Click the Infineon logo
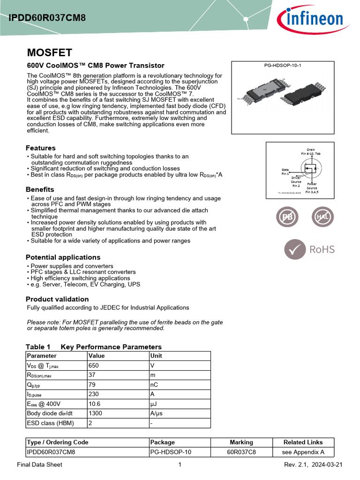click(x=309, y=20)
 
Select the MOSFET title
click(x=49, y=52)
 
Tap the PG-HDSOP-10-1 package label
click(x=283, y=65)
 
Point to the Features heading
click(x=41, y=148)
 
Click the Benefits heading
click(x=40, y=189)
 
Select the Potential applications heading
click(x=63, y=257)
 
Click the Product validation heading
click(x=57, y=299)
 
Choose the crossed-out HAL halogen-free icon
click(x=323, y=217)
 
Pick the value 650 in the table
click(x=94, y=365)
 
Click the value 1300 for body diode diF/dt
click(x=96, y=413)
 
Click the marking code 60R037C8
click(x=241, y=452)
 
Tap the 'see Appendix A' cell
click(x=303, y=452)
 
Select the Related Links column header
click(x=303, y=442)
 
